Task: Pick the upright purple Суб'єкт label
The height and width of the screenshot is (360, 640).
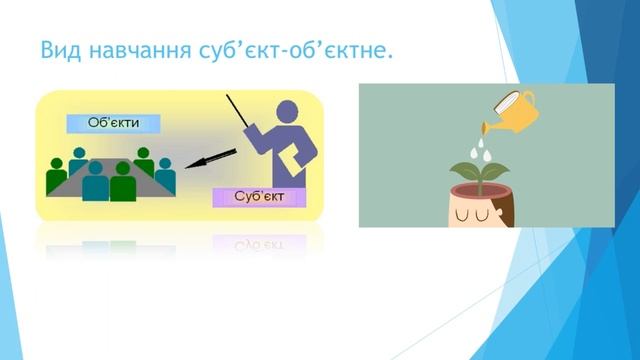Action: coord(259,196)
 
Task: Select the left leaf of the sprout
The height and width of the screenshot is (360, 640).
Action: coord(463,171)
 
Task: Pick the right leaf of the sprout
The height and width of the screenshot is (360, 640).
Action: coord(499,169)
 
